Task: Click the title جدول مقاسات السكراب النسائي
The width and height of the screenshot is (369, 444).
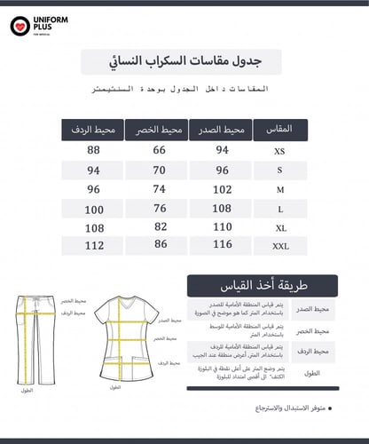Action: click(x=183, y=61)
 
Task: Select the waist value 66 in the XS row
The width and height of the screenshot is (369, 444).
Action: click(x=160, y=150)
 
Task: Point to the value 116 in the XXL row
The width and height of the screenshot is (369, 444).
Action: click(x=221, y=243)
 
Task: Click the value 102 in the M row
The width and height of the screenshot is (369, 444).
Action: click(x=221, y=188)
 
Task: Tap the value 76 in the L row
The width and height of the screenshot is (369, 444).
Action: click(x=160, y=208)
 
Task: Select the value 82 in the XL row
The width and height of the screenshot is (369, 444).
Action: click(x=160, y=226)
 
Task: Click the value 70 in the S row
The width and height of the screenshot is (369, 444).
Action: click(x=160, y=170)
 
